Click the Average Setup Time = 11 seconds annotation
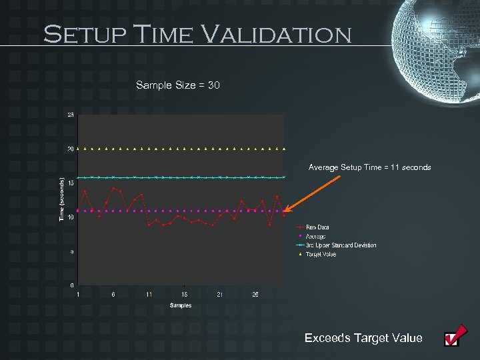pos(369,167)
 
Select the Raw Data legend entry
pos(317,227)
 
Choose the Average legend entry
pos(315,236)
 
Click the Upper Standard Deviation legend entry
pos(340,245)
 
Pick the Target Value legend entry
pos(321,254)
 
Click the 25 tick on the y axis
pos(71,115)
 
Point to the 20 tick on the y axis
pos(71,149)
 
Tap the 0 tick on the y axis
pos(72,285)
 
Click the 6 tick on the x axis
pos(113,295)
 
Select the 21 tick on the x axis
pos(220,295)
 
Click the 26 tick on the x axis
pos(255,295)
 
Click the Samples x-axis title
pos(180,305)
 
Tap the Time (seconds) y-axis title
pos(61,200)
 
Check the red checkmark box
pos(453,339)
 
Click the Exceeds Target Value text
pos(363,338)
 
